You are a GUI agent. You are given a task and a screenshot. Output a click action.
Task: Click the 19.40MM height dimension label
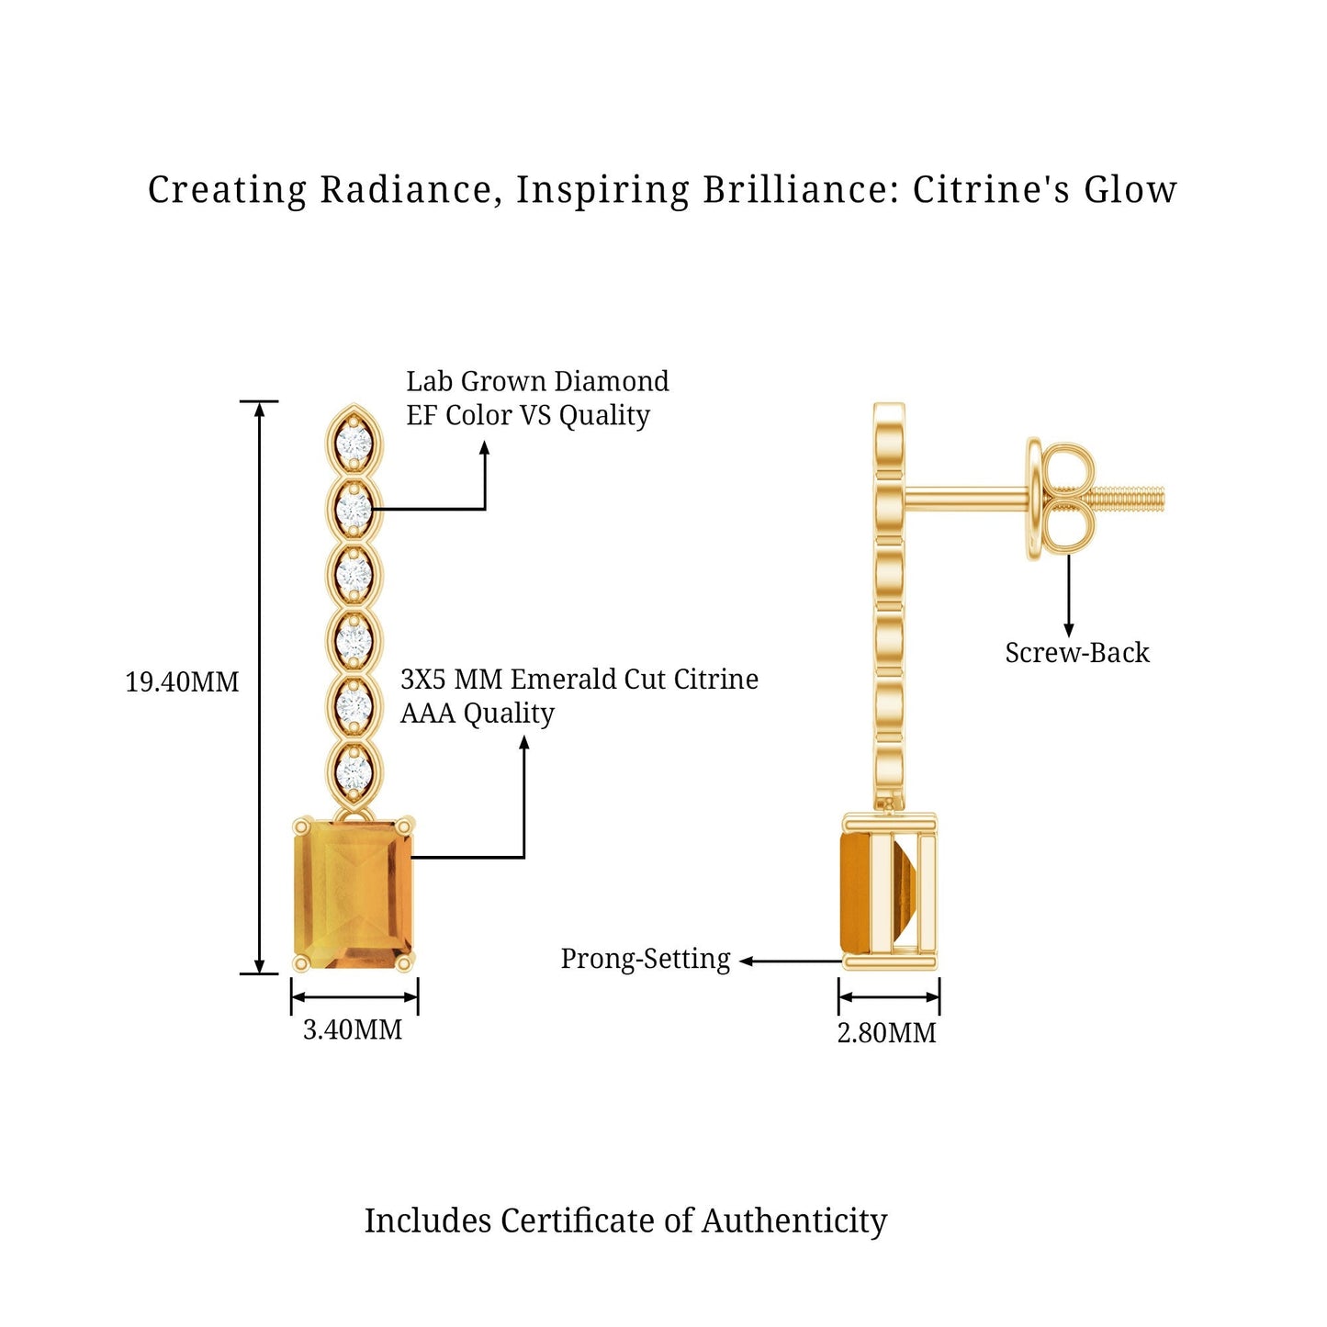(x=182, y=682)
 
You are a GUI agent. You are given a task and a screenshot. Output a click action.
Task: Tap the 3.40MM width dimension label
(x=353, y=1030)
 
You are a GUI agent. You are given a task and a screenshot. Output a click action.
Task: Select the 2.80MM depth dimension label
(x=886, y=1033)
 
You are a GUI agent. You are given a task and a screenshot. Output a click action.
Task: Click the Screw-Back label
(x=1076, y=653)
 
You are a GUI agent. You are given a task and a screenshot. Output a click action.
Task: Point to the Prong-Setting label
(x=646, y=959)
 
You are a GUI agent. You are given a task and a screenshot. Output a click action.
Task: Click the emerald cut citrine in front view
(x=354, y=892)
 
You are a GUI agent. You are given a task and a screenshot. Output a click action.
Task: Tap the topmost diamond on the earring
(x=354, y=444)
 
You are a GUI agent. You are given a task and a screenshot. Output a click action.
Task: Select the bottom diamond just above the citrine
(x=354, y=771)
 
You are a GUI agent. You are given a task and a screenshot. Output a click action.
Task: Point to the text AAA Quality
(x=478, y=714)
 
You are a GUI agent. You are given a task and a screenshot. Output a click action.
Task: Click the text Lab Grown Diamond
(x=537, y=381)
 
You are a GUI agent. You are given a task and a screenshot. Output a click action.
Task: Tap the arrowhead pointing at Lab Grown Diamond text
(x=485, y=448)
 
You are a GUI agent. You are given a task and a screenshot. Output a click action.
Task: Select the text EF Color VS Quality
(x=528, y=415)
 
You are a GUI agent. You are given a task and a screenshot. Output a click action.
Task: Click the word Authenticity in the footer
(x=794, y=1221)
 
